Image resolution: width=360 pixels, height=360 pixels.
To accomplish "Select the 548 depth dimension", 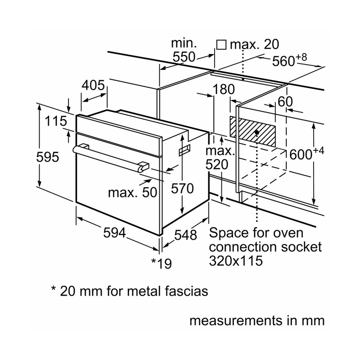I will (x=185, y=235).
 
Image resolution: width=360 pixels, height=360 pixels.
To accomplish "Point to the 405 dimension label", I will (x=93, y=85).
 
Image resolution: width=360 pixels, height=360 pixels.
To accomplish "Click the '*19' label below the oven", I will (x=162, y=263).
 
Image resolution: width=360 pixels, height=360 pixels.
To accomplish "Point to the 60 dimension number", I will (x=285, y=102).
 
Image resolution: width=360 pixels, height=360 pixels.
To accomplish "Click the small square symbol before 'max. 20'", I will (x=220, y=45).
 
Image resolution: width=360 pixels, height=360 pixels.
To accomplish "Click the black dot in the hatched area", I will (x=256, y=132).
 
